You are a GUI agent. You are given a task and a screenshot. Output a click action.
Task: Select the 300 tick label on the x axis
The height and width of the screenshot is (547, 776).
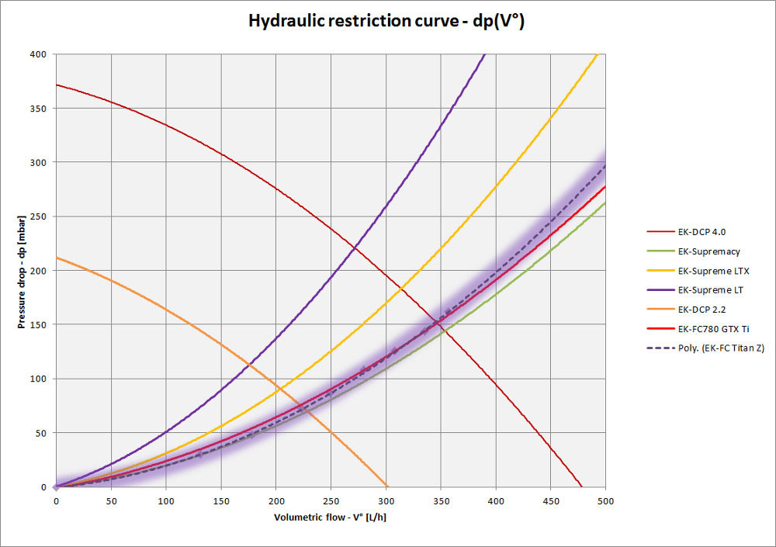[x=386, y=501]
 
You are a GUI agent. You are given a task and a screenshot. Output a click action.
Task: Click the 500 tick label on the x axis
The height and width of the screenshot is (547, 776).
[x=605, y=501]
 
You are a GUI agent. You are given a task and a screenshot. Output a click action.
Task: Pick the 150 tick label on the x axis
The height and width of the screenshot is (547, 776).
[x=221, y=501]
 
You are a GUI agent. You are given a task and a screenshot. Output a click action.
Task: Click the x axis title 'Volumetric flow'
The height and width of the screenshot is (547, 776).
[x=330, y=518]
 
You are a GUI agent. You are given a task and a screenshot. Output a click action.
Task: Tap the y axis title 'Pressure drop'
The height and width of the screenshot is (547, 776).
[x=21, y=271]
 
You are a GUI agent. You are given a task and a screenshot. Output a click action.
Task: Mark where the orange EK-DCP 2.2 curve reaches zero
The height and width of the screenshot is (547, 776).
[x=387, y=486]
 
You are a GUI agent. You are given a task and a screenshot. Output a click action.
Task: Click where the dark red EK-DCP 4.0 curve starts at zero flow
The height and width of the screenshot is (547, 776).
[x=57, y=85]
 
